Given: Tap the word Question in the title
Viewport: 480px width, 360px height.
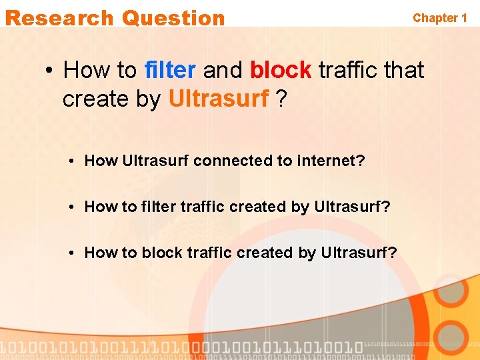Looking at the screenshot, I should pos(173,18).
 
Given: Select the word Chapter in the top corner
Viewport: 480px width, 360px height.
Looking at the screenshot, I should pos(435,18).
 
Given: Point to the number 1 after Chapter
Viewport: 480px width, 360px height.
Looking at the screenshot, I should pos(463,18).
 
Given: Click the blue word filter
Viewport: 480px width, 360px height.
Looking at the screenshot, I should pos(170,69).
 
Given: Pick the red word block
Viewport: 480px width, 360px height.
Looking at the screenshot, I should pos(281,69).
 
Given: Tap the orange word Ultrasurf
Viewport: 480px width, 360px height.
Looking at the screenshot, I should pos(219,99).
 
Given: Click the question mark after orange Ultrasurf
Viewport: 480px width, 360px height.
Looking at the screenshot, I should pos(282,99).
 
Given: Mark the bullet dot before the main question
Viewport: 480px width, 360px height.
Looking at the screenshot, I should pos(49,70).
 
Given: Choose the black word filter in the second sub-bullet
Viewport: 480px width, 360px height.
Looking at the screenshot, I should pos(158,207).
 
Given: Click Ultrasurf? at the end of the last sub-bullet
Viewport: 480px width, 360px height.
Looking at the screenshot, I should pos(359,253).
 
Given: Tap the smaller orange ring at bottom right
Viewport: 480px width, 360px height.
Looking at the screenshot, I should pos(453,337).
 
